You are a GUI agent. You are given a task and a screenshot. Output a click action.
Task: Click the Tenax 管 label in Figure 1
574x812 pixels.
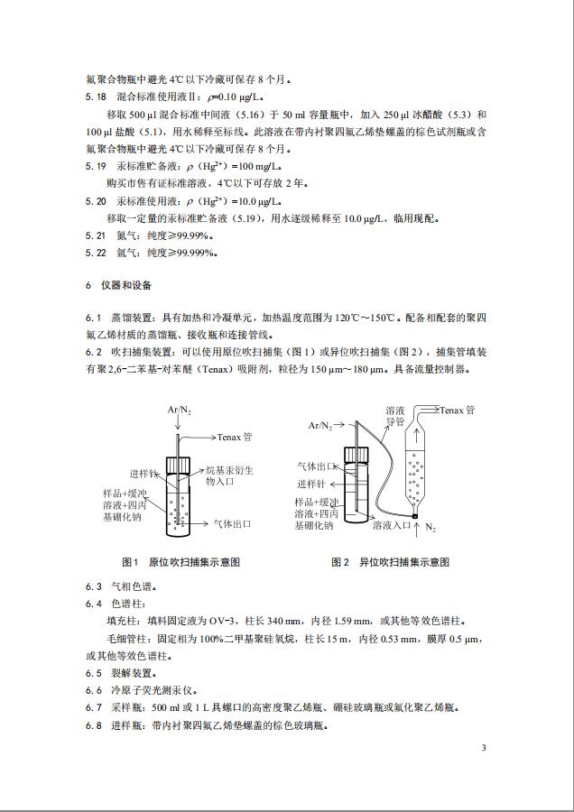(x=235, y=437)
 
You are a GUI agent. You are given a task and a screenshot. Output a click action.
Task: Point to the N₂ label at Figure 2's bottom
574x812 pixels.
(x=430, y=526)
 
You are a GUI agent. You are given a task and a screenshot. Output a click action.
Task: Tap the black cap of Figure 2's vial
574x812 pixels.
(x=354, y=457)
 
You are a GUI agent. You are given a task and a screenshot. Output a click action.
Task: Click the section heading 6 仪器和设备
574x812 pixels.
(x=118, y=285)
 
